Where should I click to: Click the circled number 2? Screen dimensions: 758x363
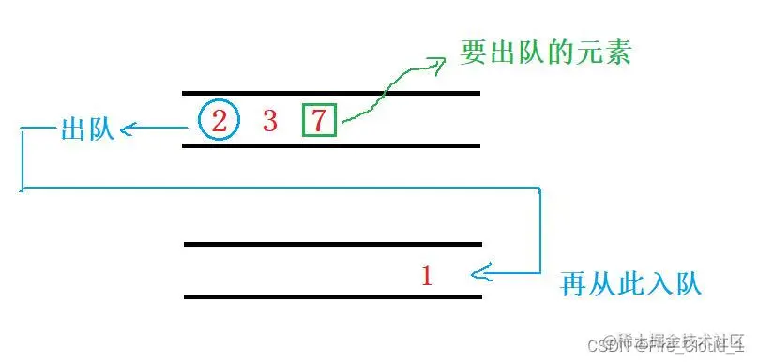pyautogui.click(x=220, y=120)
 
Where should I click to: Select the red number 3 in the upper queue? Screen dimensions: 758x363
pyautogui.click(x=270, y=120)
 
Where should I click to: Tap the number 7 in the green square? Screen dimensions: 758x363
pyautogui.click(x=319, y=120)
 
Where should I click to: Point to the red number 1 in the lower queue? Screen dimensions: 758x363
pyautogui.click(x=427, y=276)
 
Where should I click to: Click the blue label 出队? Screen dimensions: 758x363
pyautogui.click(x=86, y=129)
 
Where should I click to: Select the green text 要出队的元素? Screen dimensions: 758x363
pyautogui.click(x=545, y=52)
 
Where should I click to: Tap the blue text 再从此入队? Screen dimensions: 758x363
pyautogui.click(x=631, y=281)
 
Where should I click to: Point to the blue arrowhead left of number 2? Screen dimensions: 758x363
pyautogui.click(x=128, y=130)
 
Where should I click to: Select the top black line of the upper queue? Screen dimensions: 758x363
pyautogui.click(x=331, y=94)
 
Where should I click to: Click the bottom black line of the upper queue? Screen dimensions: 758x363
pyautogui.click(x=331, y=145)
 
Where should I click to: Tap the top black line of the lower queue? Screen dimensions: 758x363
pyautogui.click(x=333, y=244)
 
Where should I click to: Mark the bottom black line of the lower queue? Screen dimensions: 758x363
pyautogui.click(x=333, y=296)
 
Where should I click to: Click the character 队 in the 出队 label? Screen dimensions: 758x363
pyautogui.click(x=100, y=129)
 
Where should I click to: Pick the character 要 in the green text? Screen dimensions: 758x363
pyautogui.click(x=473, y=52)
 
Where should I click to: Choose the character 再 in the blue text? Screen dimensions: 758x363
pyautogui.click(x=574, y=281)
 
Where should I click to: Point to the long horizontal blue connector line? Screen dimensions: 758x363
pyautogui.click(x=281, y=189)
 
